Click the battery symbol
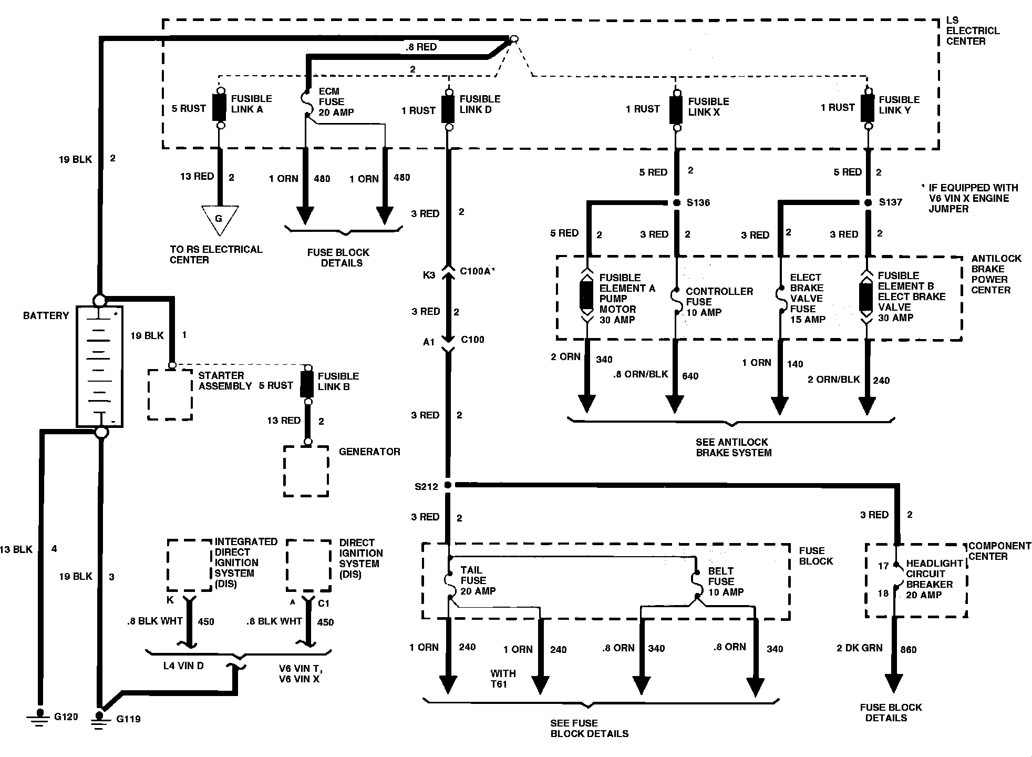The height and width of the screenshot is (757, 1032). tap(100, 366)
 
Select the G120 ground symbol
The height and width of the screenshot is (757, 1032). tap(39, 717)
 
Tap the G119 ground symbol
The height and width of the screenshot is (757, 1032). tap(98, 719)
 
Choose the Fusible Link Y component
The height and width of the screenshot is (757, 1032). tap(868, 109)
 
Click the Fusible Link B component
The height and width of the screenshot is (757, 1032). tap(307, 385)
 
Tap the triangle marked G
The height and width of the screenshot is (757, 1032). tap(219, 219)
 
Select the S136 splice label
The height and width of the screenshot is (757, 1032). tap(698, 203)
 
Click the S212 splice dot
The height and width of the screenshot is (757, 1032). tap(448, 485)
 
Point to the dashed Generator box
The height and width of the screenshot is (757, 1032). tap(306, 471)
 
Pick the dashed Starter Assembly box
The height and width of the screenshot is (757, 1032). tap(170, 394)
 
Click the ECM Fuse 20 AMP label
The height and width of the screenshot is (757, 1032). tap(336, 102)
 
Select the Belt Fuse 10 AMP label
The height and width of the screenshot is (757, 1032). tap(725, 581)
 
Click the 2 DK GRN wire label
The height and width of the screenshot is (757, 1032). tap(859, 648)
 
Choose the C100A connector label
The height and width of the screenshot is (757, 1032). tap(477, 271)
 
